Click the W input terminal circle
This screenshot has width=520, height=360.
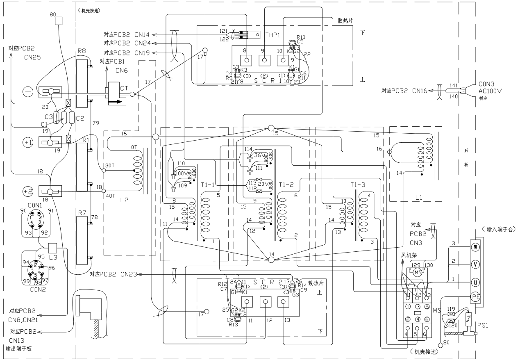click(476, 247)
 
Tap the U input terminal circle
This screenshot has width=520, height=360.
click(476, 283)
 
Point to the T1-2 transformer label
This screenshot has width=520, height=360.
click(286, 185)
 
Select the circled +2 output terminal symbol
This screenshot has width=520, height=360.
click(27, 191)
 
